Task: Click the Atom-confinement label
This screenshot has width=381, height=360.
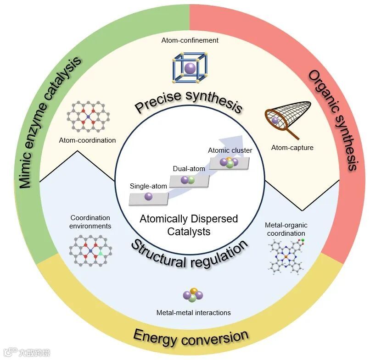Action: (190, 40)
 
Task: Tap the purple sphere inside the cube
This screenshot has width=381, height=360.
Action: (189, 69)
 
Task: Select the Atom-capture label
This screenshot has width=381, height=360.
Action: (292, 148)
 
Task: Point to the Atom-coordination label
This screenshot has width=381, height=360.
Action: (87, 140)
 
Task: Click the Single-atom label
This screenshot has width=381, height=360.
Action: (148, 186)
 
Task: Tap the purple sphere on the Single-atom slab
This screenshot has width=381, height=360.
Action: (148, 196)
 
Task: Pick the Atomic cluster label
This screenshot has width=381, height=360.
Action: (230, 150)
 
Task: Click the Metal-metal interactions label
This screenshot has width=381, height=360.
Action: (193, 313)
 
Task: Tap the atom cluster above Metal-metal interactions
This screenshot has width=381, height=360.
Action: (193, 295)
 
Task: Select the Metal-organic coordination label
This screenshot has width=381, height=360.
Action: (286, 229)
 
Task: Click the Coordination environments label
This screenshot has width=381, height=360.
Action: (90, 222)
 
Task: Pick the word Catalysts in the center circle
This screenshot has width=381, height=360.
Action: (189, 231)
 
